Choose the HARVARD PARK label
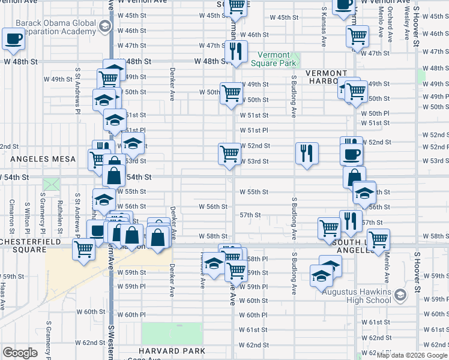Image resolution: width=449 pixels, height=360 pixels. tap(172, 351)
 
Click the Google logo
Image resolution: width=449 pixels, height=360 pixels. tap(20, 353)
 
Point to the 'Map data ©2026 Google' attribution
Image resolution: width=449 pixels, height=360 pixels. tap(411, 355)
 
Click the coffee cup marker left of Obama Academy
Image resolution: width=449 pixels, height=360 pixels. tap(13, 39)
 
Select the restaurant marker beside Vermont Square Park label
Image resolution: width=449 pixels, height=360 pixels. tap(238, 52)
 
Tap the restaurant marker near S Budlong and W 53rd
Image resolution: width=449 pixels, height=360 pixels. tap(307, 153)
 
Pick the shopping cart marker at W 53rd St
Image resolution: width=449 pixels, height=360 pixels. tap(229, 154)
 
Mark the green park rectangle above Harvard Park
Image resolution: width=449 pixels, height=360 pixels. tap(172, 334)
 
